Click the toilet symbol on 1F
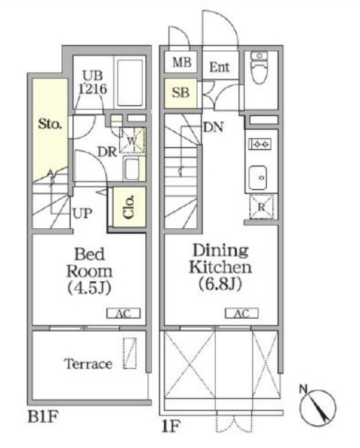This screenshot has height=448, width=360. click(x=259, y=68)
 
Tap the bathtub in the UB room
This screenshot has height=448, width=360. click(x=130, y=83)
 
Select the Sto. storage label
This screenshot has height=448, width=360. click(x=50, y=124)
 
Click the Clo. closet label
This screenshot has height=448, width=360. click(x=130, y=207)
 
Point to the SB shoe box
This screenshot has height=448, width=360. click(x=181, y=93)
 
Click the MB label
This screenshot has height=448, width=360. click(x=182, y=62)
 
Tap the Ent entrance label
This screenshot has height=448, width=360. click(x=220, y=67)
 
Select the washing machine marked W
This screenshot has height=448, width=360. click(x=132, y=140)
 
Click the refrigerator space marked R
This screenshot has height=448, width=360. click(x=261, y=207)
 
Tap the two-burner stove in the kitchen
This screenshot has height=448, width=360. click(x=260, y=144)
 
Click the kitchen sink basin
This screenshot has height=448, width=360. click(x=257, y=178)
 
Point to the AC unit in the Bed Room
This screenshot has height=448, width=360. click(x=123, y=313)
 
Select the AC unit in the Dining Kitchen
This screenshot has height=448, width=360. click(x=242, y=313)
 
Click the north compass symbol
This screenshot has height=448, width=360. click(x=317, y=406)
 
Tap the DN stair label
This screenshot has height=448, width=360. click(x=213, y=127)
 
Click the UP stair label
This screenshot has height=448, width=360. click(x=82, y=213)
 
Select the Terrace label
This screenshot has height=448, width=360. click(x=88, y=364)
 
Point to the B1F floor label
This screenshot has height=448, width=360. click(x=43, y=416)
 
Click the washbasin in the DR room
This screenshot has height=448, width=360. click(x=131, y=169)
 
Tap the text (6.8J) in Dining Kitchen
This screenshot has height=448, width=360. click(x=220, y=284)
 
